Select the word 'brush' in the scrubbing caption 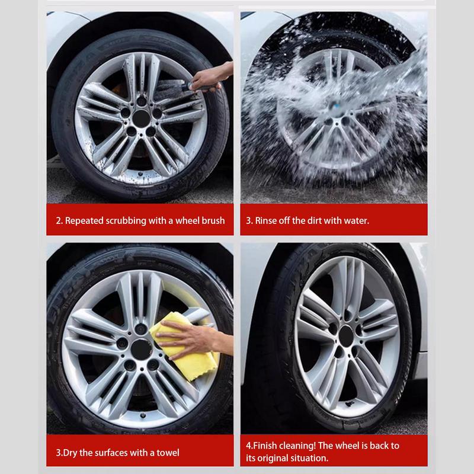click(x=213, y=221)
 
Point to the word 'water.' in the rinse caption click(x=355, y=221)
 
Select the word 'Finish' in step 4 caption click(x=266, y=446)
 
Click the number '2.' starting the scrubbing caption click(x=59, y=221)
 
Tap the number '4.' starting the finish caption click(x=249, y=446)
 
